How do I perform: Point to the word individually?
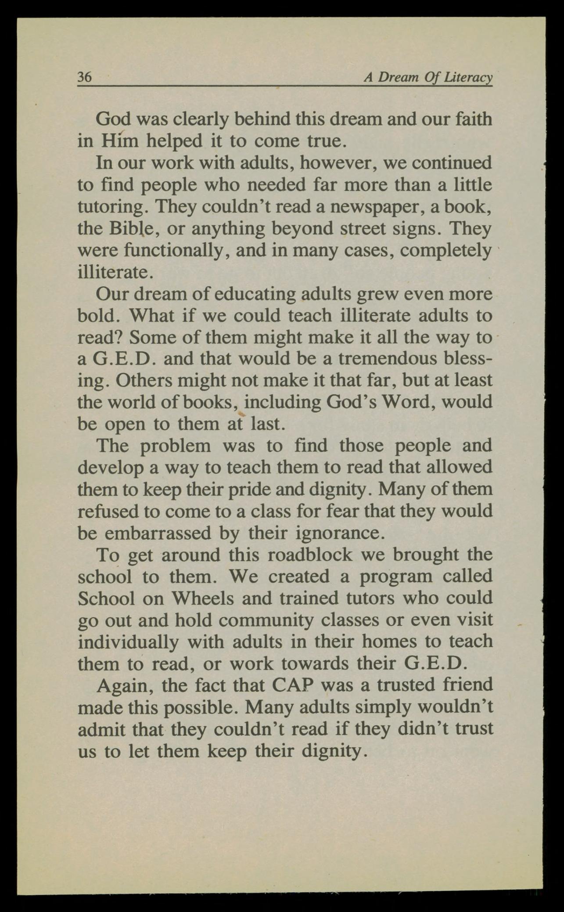[128, 642]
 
